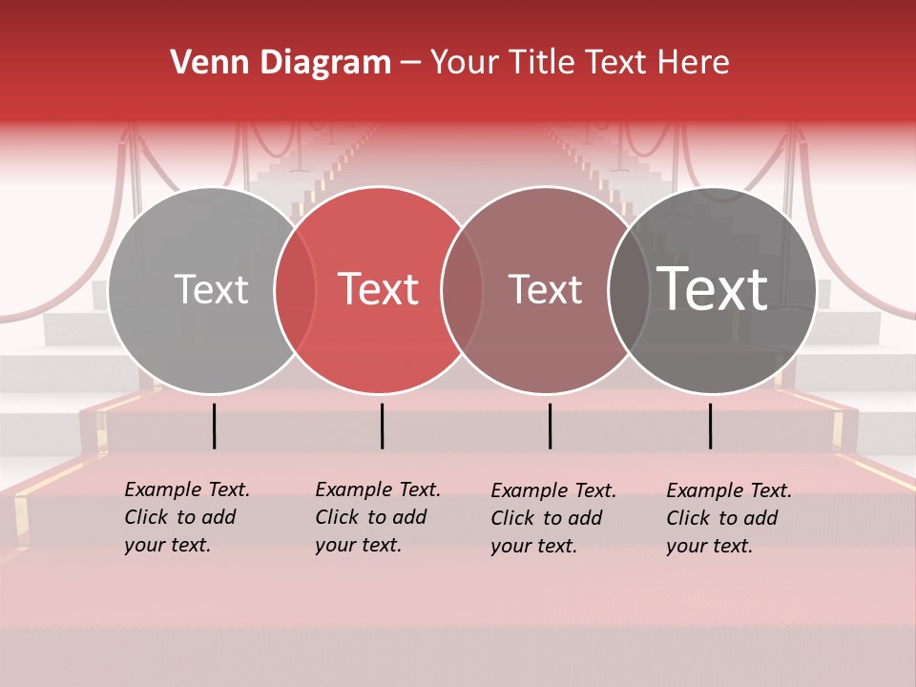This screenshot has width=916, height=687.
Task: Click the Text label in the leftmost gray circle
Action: [x=211, y=289]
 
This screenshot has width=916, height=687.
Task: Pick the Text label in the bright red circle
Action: [x=378, y=289]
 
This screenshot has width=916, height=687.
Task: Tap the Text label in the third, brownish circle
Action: [x=545, y=289]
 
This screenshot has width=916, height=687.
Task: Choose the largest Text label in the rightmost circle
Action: [x=713, y=288]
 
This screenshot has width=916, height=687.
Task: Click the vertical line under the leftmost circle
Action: [x=214, y=426]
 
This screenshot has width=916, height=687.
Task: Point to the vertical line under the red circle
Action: [x=382, y=426]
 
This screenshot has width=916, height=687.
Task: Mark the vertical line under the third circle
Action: [x=550, y=426]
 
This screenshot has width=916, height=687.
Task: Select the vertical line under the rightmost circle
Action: [x=710, y=426]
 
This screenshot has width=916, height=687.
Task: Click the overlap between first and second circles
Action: [x=295, y=290]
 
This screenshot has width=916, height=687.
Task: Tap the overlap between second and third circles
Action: [x=462, y=290]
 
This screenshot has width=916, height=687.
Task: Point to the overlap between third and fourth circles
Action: [x=629, y=290]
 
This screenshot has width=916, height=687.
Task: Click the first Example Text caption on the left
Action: [x=186, y=517]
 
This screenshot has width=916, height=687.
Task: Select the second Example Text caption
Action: [x=377, y=517]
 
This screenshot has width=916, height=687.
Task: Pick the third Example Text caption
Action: [x=552, y=518]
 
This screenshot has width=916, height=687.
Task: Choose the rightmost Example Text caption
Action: [x=728, y=518]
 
